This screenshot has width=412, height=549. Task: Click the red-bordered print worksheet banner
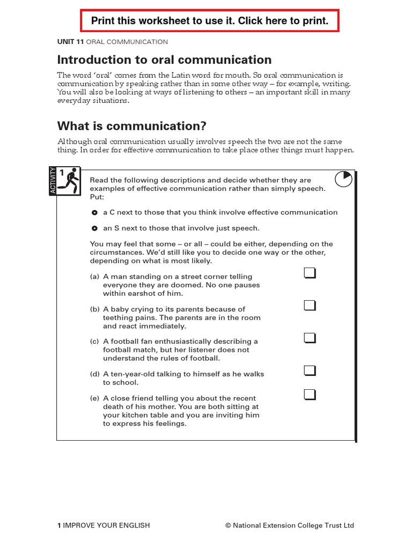[x=210, y=21]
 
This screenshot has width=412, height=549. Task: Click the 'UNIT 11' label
[x=70, y=42]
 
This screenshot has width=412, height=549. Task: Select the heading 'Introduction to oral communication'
[x=164, y=60]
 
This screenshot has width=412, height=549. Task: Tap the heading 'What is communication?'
[x=131, y=126]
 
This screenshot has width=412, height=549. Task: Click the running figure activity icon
[x=70, y=181]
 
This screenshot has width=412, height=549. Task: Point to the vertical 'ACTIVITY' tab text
[x=53, y=181]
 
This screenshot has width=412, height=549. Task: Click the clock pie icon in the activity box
[x=343, y=179]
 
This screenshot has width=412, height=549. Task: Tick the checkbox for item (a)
[x=310, y=273]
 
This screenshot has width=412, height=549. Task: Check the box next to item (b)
[x=310, y=306]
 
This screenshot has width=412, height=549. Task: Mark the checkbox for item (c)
[x=310, y=338]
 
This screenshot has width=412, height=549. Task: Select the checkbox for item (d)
[x=310, y=370]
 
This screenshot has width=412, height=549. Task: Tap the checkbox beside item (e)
[x=310, y=395]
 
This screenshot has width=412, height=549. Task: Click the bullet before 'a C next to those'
[x=94, y=212]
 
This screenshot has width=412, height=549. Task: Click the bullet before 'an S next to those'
[x=94, y=228]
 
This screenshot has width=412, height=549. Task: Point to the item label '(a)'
[x=95, y=277]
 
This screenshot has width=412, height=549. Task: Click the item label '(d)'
[x=95, y=374]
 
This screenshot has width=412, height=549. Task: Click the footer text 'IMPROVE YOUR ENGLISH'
[x=106, y=525]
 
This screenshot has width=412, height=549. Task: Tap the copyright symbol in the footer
[x=229, y=525]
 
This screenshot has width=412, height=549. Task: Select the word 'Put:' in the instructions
[x=97, y=197]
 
